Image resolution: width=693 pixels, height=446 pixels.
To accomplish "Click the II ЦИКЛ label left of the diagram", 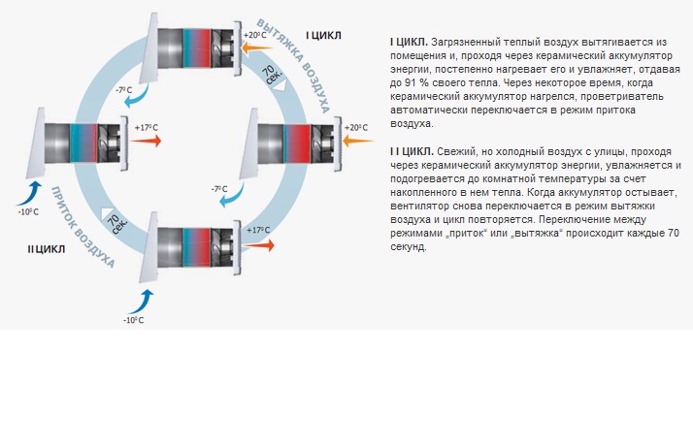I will (47, 249).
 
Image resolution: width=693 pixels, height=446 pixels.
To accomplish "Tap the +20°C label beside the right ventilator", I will (356, 127).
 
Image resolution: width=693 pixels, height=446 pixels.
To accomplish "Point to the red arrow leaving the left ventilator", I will (146, 141).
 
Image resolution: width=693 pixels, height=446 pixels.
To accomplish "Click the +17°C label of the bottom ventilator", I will (257, 230).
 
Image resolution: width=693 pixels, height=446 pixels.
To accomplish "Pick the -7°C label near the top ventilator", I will (122, 89).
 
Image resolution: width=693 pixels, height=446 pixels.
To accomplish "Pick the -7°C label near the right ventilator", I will (221, 189).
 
